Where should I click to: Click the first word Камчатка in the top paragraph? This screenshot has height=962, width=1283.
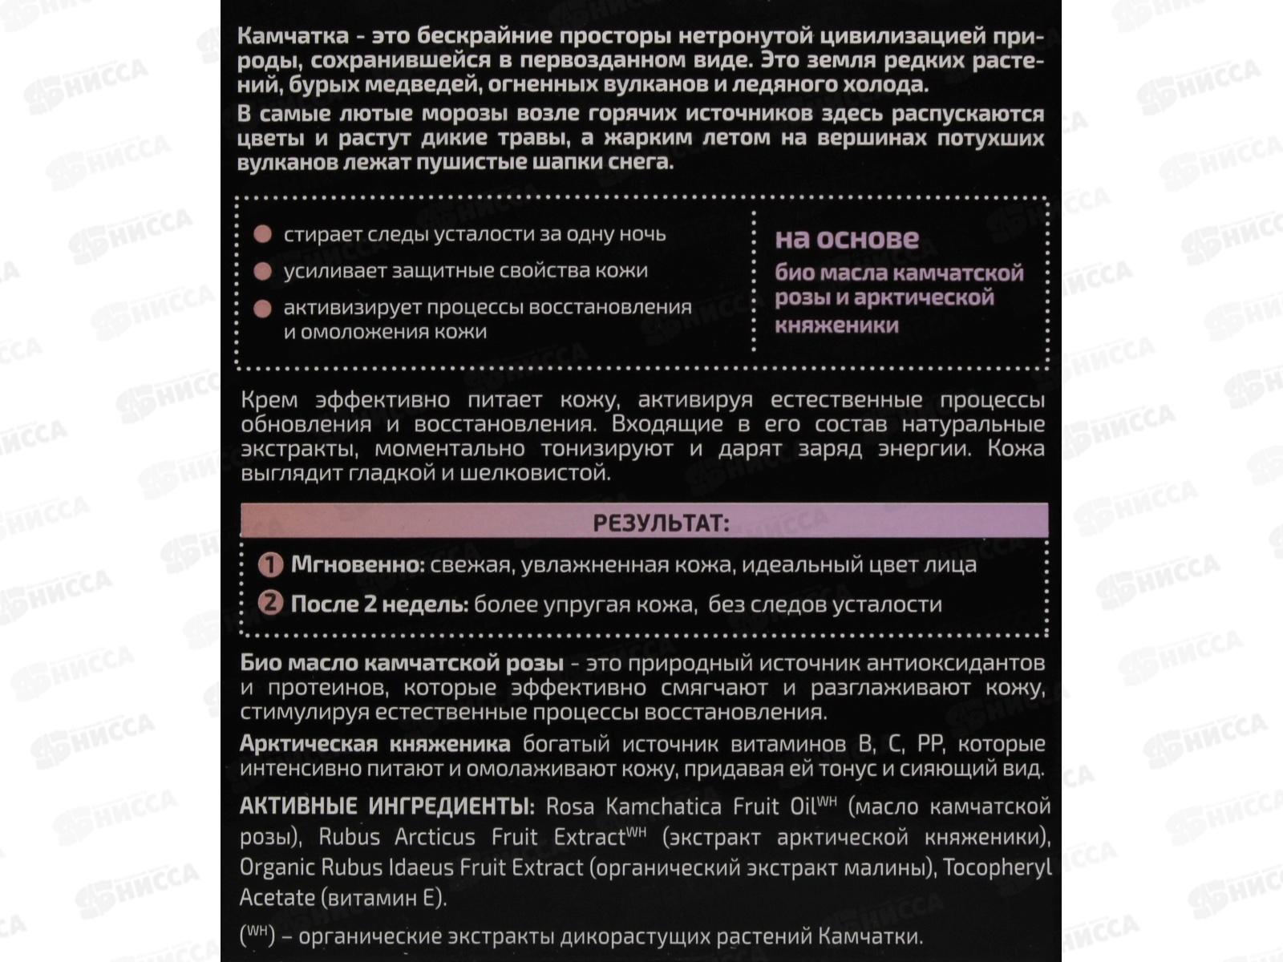coord(293,36)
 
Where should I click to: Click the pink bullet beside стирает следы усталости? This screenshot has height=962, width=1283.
coord(262,234)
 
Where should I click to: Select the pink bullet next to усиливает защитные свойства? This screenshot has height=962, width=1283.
coord(262,271)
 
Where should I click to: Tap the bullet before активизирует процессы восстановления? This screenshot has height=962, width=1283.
coord(262,309)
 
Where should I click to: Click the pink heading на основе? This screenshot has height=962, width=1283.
coord(847,239)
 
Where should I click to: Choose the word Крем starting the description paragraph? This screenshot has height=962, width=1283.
coord(269,400)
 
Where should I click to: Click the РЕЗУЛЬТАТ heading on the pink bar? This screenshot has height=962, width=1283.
coord(661,523)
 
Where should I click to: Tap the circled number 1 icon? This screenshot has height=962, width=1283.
coord(270,565)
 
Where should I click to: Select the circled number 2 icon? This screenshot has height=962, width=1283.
coord(270,603)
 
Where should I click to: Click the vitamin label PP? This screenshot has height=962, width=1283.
coord(929,744)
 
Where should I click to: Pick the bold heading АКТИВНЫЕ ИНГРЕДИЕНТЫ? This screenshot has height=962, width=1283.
coord(387,806)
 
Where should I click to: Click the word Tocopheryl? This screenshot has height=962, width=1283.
coord(997,867)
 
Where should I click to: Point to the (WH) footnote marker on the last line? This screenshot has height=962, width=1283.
coord(257,935)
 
